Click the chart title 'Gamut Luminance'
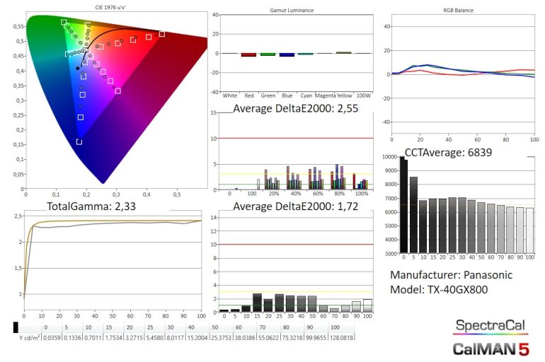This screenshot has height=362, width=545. click(x=292, y=11)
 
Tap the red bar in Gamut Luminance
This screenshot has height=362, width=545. click(x=248, y=54)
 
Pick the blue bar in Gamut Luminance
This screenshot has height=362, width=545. click(x=287, y=54)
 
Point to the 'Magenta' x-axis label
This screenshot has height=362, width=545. click(x=325, y=95)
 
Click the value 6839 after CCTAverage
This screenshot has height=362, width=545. click(x=477, y=151)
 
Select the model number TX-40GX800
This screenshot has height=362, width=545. click(x=461, y=290)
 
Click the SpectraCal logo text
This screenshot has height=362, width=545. click(x=490, y=325)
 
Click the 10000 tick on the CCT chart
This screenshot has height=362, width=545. click(x=389, y=157)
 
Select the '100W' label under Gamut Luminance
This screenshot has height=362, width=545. click(x=362, y=95)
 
